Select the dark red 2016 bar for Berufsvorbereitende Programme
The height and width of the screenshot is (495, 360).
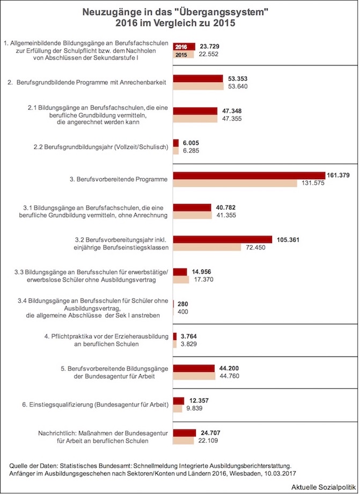(x=249, y=176)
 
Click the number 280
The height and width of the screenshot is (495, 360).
(x=182, y=304)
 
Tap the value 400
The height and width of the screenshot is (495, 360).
(x=183, y=312)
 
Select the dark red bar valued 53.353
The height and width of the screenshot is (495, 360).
(x=197, y=78)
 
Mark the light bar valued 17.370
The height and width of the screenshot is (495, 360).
(x=181, y=280)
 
